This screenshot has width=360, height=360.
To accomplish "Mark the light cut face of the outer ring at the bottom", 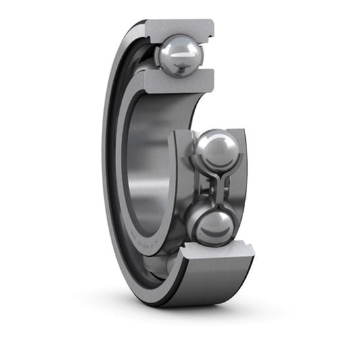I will (217, 253).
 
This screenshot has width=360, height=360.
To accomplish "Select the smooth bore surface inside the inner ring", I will (145, 162).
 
